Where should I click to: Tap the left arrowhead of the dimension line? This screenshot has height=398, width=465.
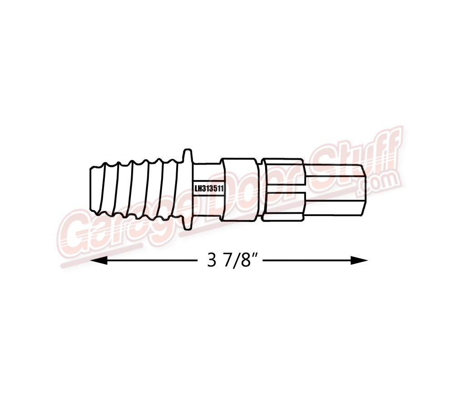[98, 260]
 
